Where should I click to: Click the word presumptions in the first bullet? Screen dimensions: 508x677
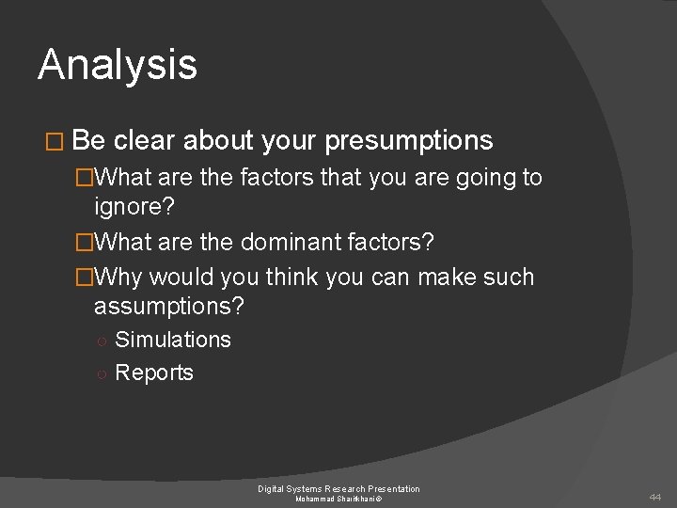(410, 141)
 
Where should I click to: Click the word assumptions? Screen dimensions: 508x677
(168, 306)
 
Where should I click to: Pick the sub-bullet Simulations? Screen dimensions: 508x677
(173, 340)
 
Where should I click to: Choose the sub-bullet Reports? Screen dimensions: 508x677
(154, 373)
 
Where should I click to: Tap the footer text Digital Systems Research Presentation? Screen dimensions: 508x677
(339, 488)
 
